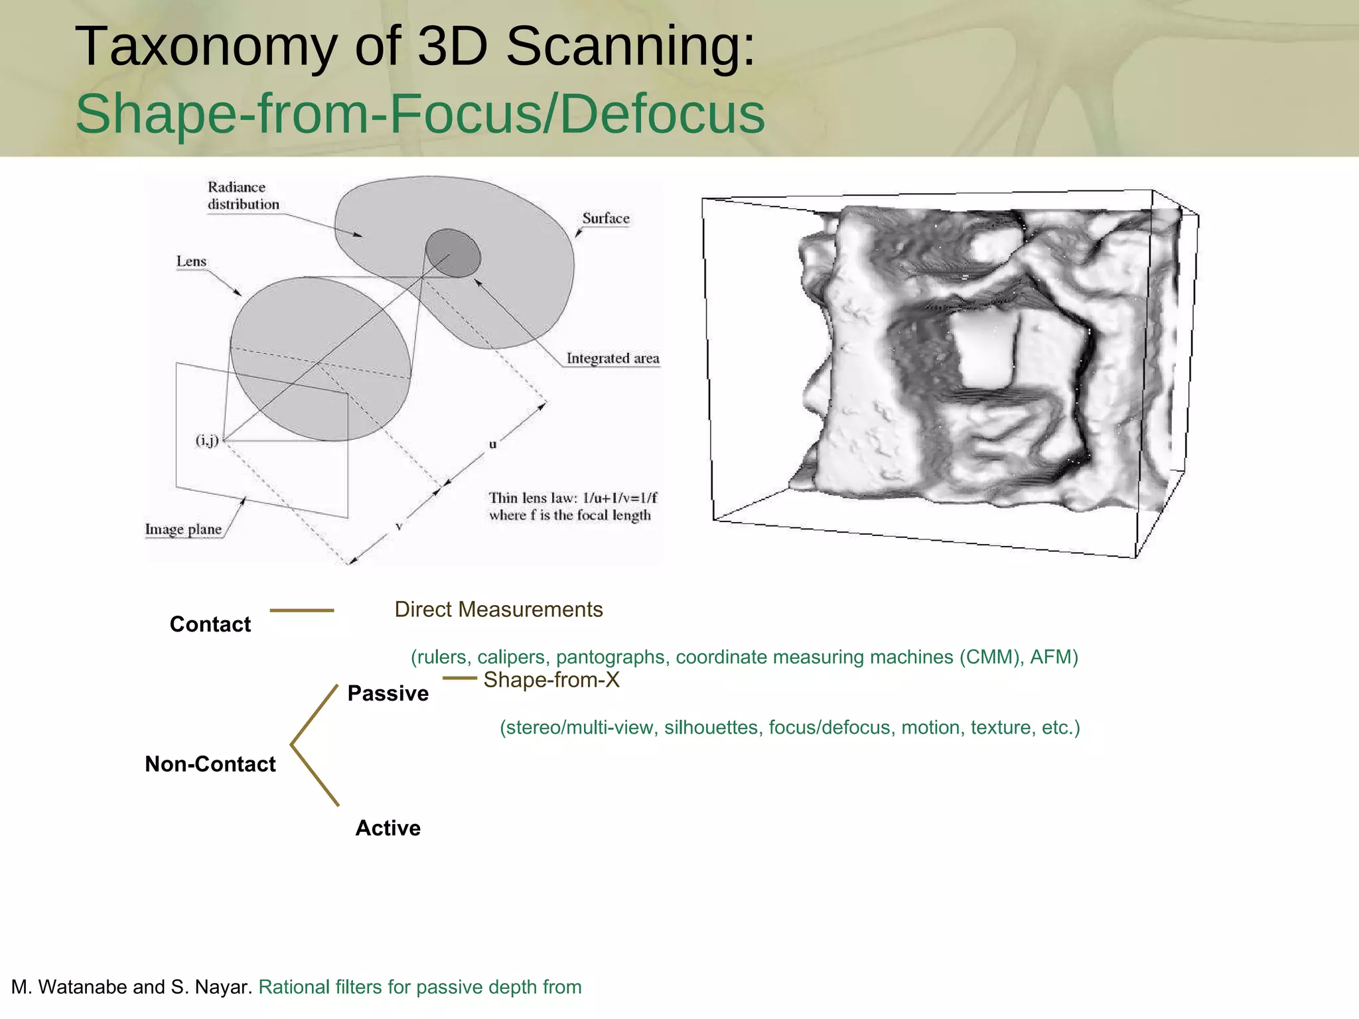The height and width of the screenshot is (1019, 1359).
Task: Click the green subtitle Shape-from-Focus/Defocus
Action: [420, 114]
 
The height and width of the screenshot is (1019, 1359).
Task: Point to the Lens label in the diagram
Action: [191, 261]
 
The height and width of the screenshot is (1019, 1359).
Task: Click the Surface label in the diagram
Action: [605, 218]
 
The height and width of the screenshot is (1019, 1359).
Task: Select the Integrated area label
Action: [612, 359]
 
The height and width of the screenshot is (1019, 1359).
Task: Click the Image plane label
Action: [183, 529]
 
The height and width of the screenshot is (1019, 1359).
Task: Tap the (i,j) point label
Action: [207, 441]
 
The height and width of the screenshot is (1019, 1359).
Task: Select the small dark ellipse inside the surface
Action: [453, 253]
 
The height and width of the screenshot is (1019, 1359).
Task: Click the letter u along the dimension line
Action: [492, 444]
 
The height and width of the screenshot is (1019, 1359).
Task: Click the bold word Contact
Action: [210, 624]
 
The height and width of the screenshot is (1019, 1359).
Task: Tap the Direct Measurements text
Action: [498, 610]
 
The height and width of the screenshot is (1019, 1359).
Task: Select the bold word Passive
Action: [388, 693]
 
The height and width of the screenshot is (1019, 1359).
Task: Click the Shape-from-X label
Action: [551, 680]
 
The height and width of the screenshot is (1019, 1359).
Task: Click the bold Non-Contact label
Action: [210, 764]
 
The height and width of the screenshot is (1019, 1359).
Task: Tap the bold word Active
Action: [388, 828]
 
